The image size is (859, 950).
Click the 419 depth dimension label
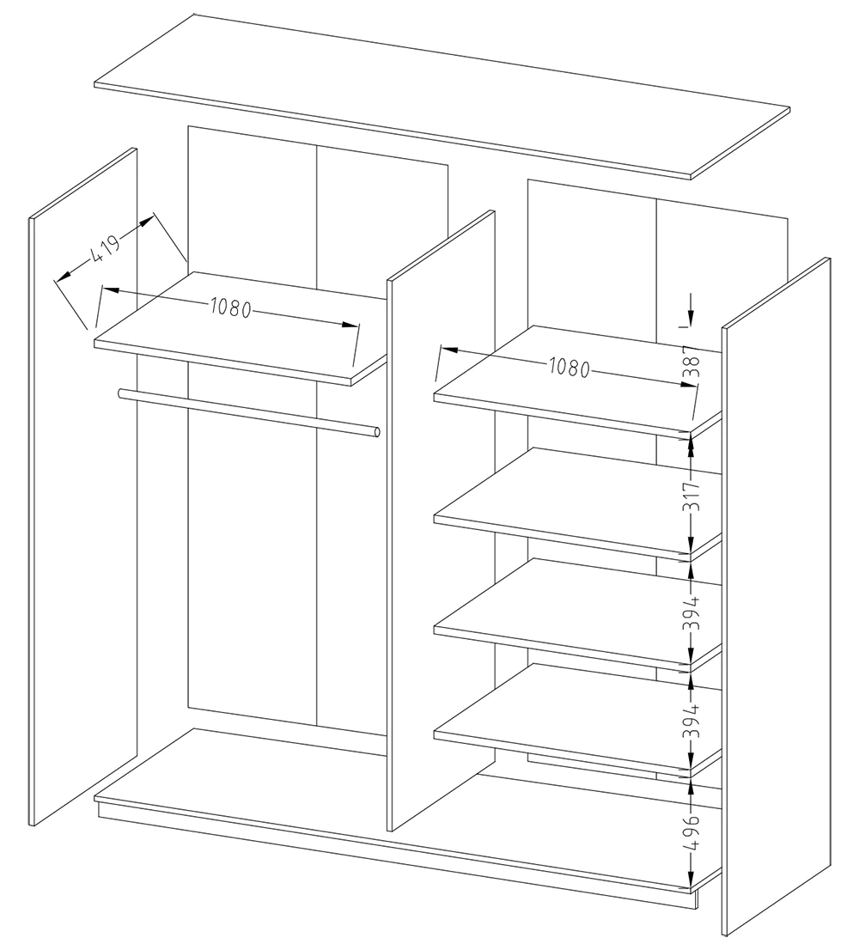coord(107,247)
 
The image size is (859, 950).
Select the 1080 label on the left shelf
coord(231,308)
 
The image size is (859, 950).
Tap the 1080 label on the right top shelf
coord(569,367)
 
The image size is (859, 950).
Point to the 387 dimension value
coord(693,362)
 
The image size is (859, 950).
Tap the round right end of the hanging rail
coord(377,432)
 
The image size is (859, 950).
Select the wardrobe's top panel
coord(442,97)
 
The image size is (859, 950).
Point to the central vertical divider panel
coord(441,521)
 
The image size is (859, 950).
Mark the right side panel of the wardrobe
coord(776,597)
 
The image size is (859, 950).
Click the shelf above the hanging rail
coord(241,328)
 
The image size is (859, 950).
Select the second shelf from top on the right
coord(578,502)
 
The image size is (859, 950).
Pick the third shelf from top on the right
coord(578,614)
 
